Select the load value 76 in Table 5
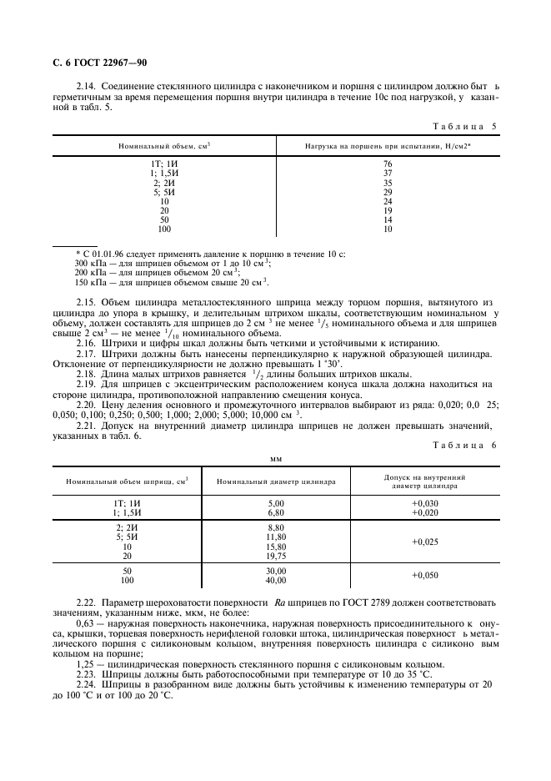pyautogui.click(x=388, y=164)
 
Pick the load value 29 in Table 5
pyautogui.click(x=388, y=192)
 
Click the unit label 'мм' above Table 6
pyautogui.click(x=276, y=458)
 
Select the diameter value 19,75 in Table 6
pyautogui.click(x=276, y=555)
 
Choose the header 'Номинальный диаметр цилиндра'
pyautogui.click(x=276, y=481)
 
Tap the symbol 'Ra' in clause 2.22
pyautogui.click(x=281, y=602)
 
